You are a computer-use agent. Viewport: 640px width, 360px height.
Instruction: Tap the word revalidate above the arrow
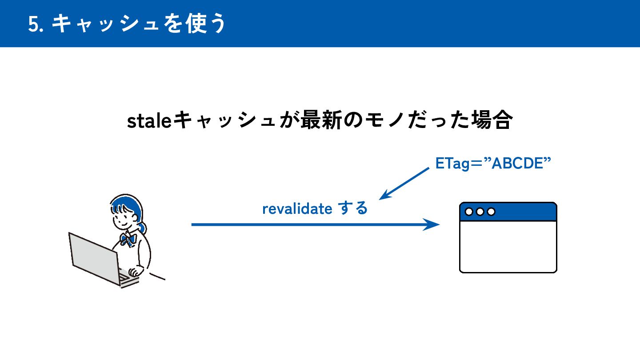pos(297,208)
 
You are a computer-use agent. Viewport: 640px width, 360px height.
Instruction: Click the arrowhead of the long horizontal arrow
pos(432,224)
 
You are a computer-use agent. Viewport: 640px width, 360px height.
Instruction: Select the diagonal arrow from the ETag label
pos(404,184)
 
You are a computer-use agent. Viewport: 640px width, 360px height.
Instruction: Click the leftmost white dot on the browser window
pos(469,212)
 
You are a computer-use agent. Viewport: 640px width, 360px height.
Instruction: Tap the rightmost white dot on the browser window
pos(491,212)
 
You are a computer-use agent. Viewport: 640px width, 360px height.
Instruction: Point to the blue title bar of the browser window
pos(524,212)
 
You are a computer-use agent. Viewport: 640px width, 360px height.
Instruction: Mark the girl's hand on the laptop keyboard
pos(133,272)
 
